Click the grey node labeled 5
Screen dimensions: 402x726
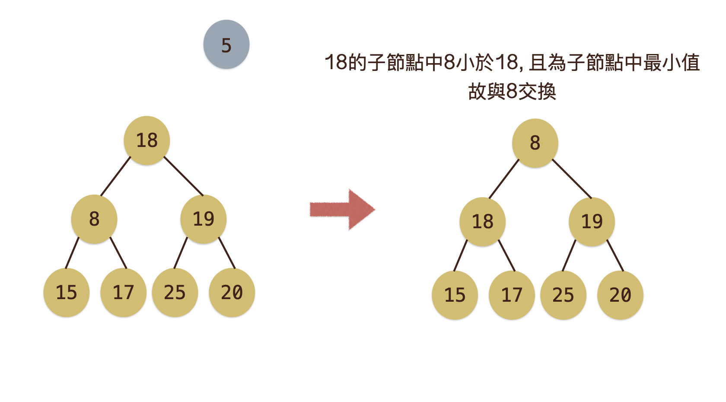click(x=226, y=45)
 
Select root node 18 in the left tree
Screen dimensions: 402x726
click(x=147, y=140)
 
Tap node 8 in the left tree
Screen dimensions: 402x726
click(x=94, y=219)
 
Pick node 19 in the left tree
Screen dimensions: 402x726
click(x=204, y=219)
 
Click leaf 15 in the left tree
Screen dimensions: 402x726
click(x=67, y=293)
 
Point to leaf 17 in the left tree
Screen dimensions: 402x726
click(x=124, y=293)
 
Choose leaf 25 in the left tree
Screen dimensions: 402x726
click(x=175, y=293)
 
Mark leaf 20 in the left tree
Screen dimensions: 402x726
click(x=232, y=293)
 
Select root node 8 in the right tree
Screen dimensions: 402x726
click(x=535, y=143)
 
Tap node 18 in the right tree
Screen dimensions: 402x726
click(x=483, y=222)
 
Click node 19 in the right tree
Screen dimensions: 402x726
click(x=592, y=222)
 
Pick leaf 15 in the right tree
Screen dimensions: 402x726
click(x=455, y=295)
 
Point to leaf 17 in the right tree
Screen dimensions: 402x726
click(x=512, y=295)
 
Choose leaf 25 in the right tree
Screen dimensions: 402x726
click(x=564, y=295)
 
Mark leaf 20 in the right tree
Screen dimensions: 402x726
click(x=621, y=295)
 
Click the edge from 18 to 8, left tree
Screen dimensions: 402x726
click(x=115, y=176)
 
